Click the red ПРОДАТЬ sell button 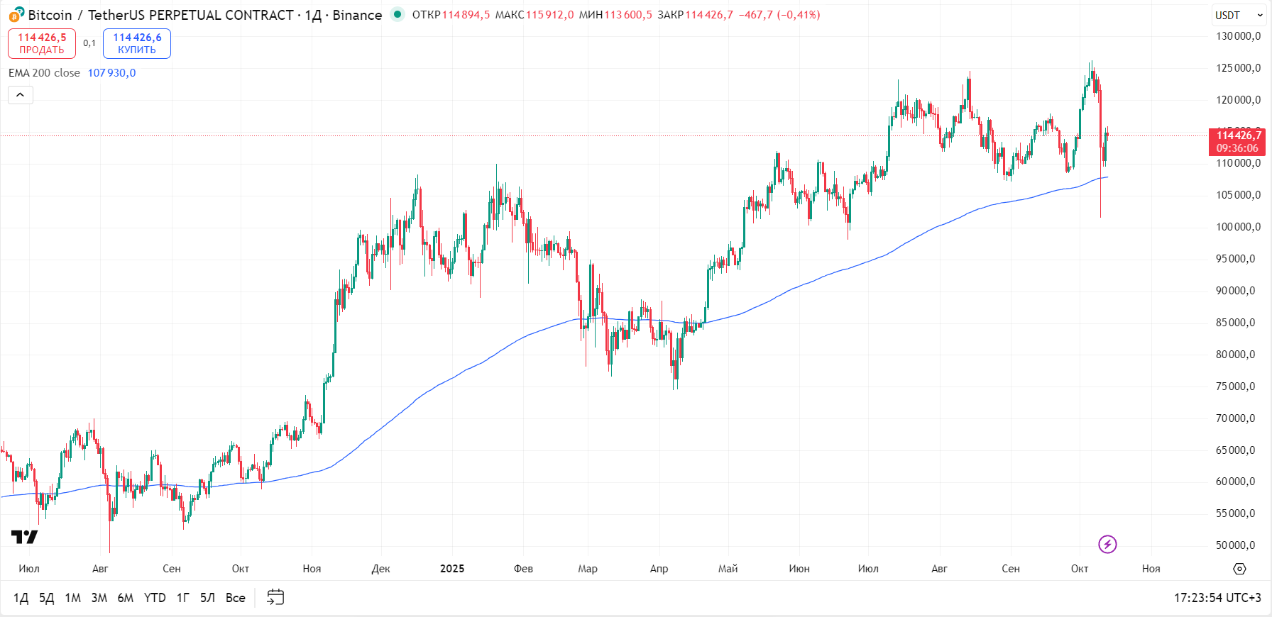pos(42,43)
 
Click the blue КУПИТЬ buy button pos(137,43)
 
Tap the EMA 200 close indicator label pos(44,73)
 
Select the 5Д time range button pos(46,598)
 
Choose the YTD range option pos(155,598)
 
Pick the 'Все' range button pos(235,598)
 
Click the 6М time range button pos(126,598)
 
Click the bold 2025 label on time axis pos(452,569)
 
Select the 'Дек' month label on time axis pos(381,569)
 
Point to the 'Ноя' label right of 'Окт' pos(1151,569)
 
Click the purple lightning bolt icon pos(1107,544)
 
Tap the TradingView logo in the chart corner pos(24,537)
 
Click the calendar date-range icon pos(275,597)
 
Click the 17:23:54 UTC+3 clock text pos(1217,598)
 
